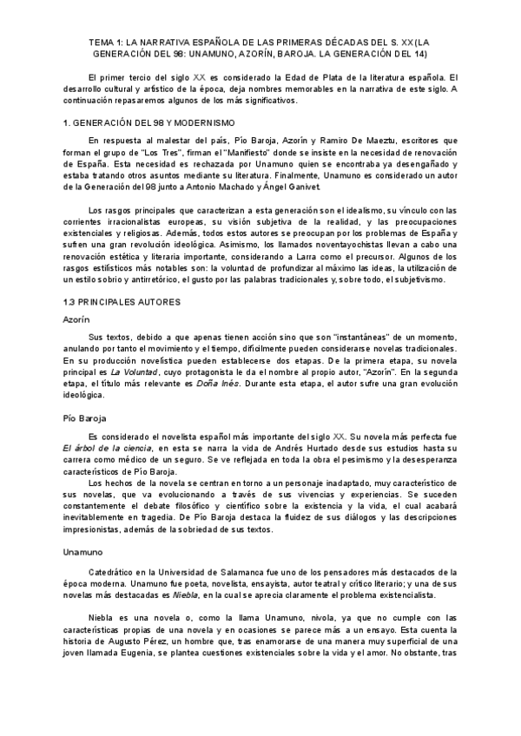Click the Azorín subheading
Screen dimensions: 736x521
[76, 319]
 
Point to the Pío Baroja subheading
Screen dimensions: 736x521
[84, 418]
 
